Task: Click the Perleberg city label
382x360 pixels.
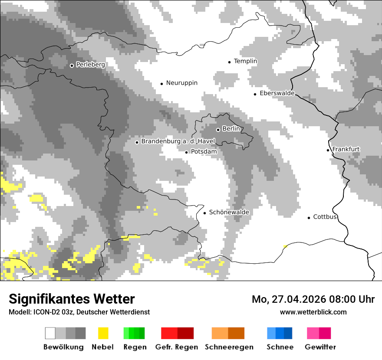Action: coord(90,65)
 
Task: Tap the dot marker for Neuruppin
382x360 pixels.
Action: coord(161,83)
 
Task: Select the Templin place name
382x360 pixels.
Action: coord(245,61)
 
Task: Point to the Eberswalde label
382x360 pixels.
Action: coord(277,93)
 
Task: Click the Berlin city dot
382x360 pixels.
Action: coord(218,129)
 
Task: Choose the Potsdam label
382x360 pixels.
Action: coord(204,152)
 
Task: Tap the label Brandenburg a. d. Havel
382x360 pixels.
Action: coord(178,141)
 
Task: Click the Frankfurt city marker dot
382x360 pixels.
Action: coord(328,150)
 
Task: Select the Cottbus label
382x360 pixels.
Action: coord(325,217)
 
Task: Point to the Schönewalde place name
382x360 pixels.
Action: coord(229,212)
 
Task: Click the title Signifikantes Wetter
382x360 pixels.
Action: coord(72,299)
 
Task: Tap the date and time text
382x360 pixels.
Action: coord(313,299)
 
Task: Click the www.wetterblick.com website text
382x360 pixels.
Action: coord(313,312)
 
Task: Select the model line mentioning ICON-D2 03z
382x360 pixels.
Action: coord(79,312)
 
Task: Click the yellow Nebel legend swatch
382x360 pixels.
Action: coord(103,333)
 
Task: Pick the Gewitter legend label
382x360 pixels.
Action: coord(320,347)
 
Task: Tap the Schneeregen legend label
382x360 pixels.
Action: coord(229,347)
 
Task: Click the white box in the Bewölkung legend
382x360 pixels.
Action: coord(50,333)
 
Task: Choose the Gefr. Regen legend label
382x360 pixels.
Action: coord(177,347)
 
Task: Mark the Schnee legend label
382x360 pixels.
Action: coord(280,347)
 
